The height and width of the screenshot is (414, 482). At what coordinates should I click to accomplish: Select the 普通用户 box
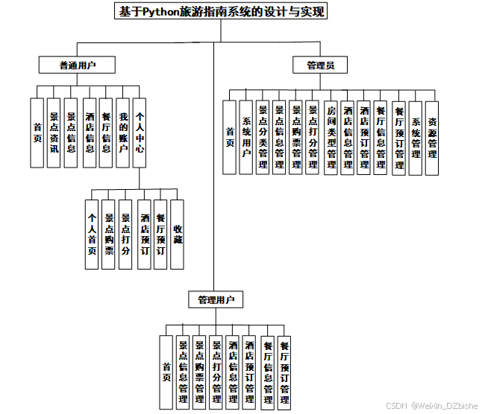click(78, 66)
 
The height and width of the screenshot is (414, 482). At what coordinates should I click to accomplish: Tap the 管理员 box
click(321, 66)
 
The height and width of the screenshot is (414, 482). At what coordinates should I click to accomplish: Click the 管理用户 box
click(216, 300)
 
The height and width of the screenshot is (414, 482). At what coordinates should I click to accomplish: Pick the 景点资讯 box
click(54, 133)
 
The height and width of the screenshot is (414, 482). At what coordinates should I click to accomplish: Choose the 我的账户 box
click(123, 133)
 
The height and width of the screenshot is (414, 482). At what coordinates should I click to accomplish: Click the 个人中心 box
click(140, 133)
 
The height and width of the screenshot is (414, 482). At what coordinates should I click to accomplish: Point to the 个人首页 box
click(92, 235)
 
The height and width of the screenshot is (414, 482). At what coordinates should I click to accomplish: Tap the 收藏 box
click(178, 235)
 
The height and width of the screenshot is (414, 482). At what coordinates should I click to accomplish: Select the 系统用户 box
click(245, 138)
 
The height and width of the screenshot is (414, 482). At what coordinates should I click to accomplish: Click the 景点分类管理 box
click(263, 138)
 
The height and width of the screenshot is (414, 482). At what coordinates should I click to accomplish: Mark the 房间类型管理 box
click(331, 138)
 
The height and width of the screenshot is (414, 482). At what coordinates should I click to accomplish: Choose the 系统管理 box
click(416, 138)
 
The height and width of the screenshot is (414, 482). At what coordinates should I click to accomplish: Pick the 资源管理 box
click(432, 138)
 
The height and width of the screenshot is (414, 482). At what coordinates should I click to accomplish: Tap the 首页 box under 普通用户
click(37, 133)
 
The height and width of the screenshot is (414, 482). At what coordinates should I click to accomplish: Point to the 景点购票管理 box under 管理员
click(296, 138)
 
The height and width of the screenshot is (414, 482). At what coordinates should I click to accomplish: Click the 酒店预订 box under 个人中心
click(144, 235)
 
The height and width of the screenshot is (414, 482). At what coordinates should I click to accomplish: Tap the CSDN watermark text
click(432, 406)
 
